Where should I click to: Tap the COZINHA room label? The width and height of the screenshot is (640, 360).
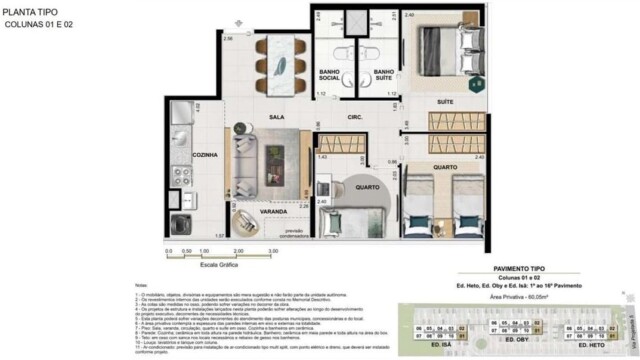pos(176,155)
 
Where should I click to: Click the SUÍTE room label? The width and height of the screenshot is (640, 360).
pos(446,102)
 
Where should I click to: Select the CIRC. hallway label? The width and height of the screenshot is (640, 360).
pos(355,117)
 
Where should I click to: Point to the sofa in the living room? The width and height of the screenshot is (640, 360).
pos(244,160)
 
